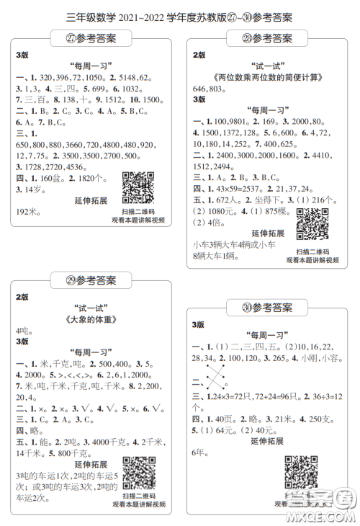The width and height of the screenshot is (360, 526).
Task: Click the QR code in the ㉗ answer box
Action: pyautogui.click(x=138, y=187)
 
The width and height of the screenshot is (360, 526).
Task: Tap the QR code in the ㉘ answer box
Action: pyautogui.click(x=312, y=224)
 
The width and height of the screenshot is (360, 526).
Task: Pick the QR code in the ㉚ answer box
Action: pyautogui.click(x=301, y=473)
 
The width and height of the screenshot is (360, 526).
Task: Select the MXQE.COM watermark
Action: pyautogui.click(x=325, y=513)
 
